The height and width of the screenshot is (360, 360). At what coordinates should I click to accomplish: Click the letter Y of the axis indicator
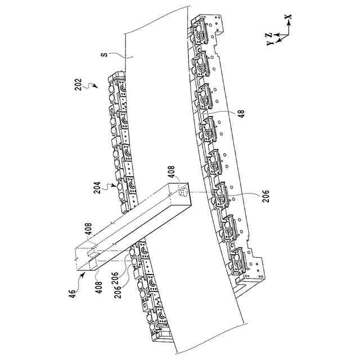269,42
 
